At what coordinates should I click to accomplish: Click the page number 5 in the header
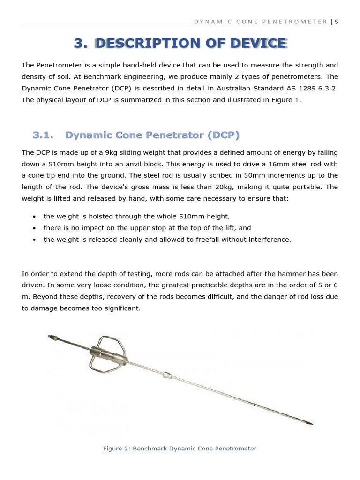pyautogui.click(x=336, y=22)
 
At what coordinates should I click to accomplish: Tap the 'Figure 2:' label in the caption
pyautogui.click(x=117, y=449)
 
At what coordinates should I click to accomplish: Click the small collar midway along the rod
pyautogui.click(x=167, y=375)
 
